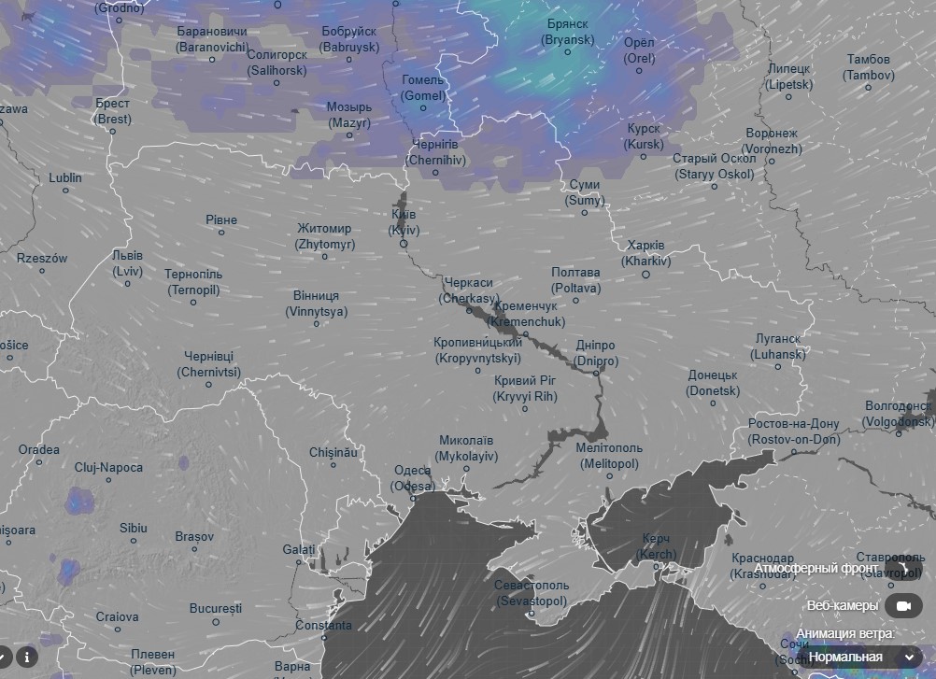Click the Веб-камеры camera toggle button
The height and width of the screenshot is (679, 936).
903,606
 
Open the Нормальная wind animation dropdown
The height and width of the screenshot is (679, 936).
858,657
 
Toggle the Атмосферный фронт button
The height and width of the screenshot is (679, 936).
906,568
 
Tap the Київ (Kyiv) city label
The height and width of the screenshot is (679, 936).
404,222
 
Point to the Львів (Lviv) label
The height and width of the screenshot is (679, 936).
127,263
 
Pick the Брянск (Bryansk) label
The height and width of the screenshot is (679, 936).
567,32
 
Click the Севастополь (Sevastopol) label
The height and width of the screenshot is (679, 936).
532,592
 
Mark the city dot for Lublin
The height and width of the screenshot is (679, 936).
65,191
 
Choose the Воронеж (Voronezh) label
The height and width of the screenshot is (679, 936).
772,141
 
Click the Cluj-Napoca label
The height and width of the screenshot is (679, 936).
108,467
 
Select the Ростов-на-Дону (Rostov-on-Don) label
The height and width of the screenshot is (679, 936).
793,431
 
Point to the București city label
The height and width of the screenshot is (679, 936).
216,608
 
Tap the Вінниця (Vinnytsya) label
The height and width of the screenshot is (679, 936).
317,303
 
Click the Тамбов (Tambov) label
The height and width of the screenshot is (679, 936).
869,67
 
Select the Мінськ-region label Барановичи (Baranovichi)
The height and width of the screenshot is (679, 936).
212,38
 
